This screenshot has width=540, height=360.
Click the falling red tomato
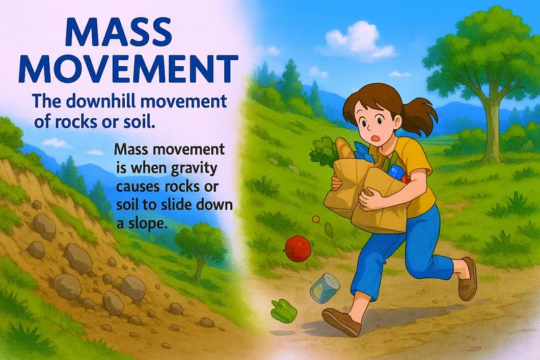point(296,246)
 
